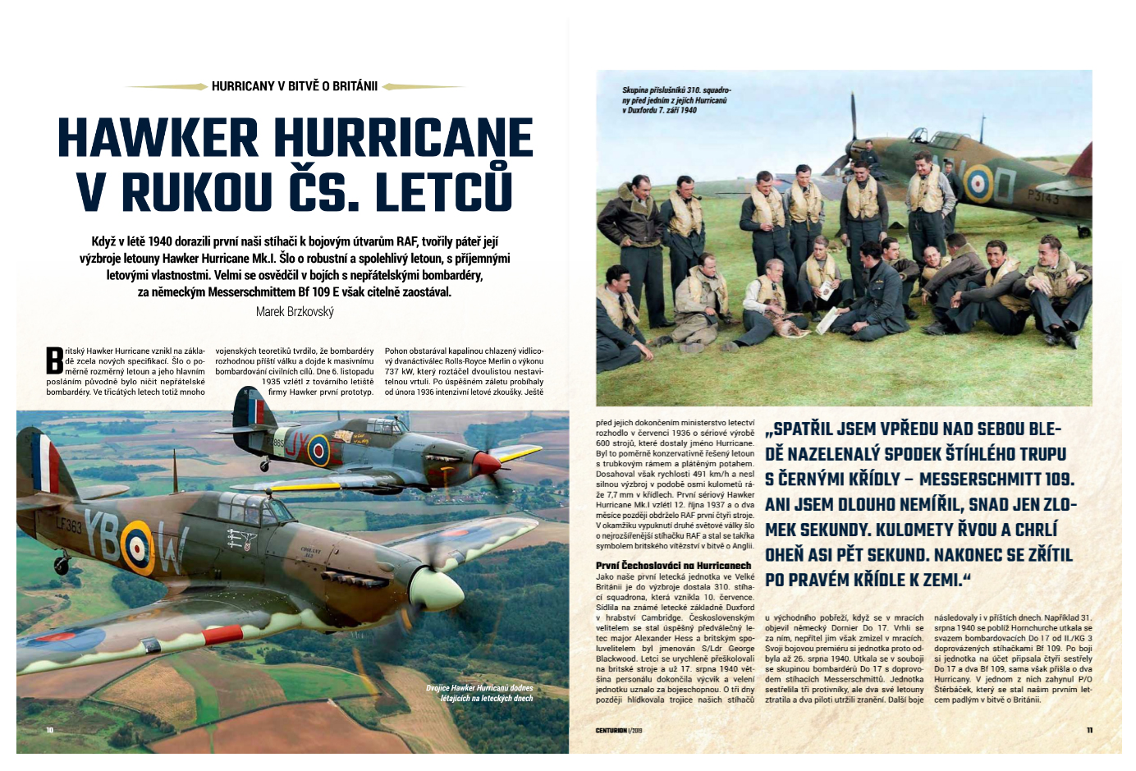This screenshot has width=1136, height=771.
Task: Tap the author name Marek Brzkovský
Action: click(295, 312)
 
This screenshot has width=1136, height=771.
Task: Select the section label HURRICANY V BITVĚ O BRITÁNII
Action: click(295, 86)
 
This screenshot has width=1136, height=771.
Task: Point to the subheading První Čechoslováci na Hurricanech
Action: click(673, 566)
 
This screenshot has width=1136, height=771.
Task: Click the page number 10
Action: click(50, 730)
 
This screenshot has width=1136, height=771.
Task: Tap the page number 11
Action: click(1089, 730)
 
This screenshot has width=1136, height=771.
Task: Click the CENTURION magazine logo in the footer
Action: click(612, 730)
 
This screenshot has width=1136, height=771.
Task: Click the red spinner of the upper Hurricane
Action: click(490, 465)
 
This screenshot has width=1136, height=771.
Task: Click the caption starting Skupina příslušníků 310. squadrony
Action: click(676, 99)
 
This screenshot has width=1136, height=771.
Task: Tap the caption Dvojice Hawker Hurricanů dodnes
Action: click(479, 693)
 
